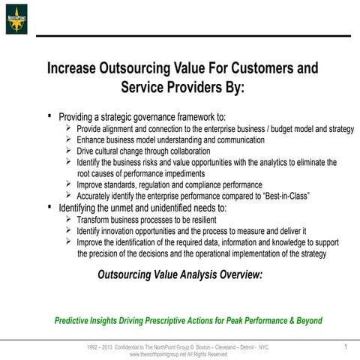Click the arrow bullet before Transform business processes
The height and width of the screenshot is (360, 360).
point(69,220)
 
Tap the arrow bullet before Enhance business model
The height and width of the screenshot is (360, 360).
point(69,139)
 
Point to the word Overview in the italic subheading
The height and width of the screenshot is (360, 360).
point(235,275)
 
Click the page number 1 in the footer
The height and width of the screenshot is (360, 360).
point(346,346)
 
